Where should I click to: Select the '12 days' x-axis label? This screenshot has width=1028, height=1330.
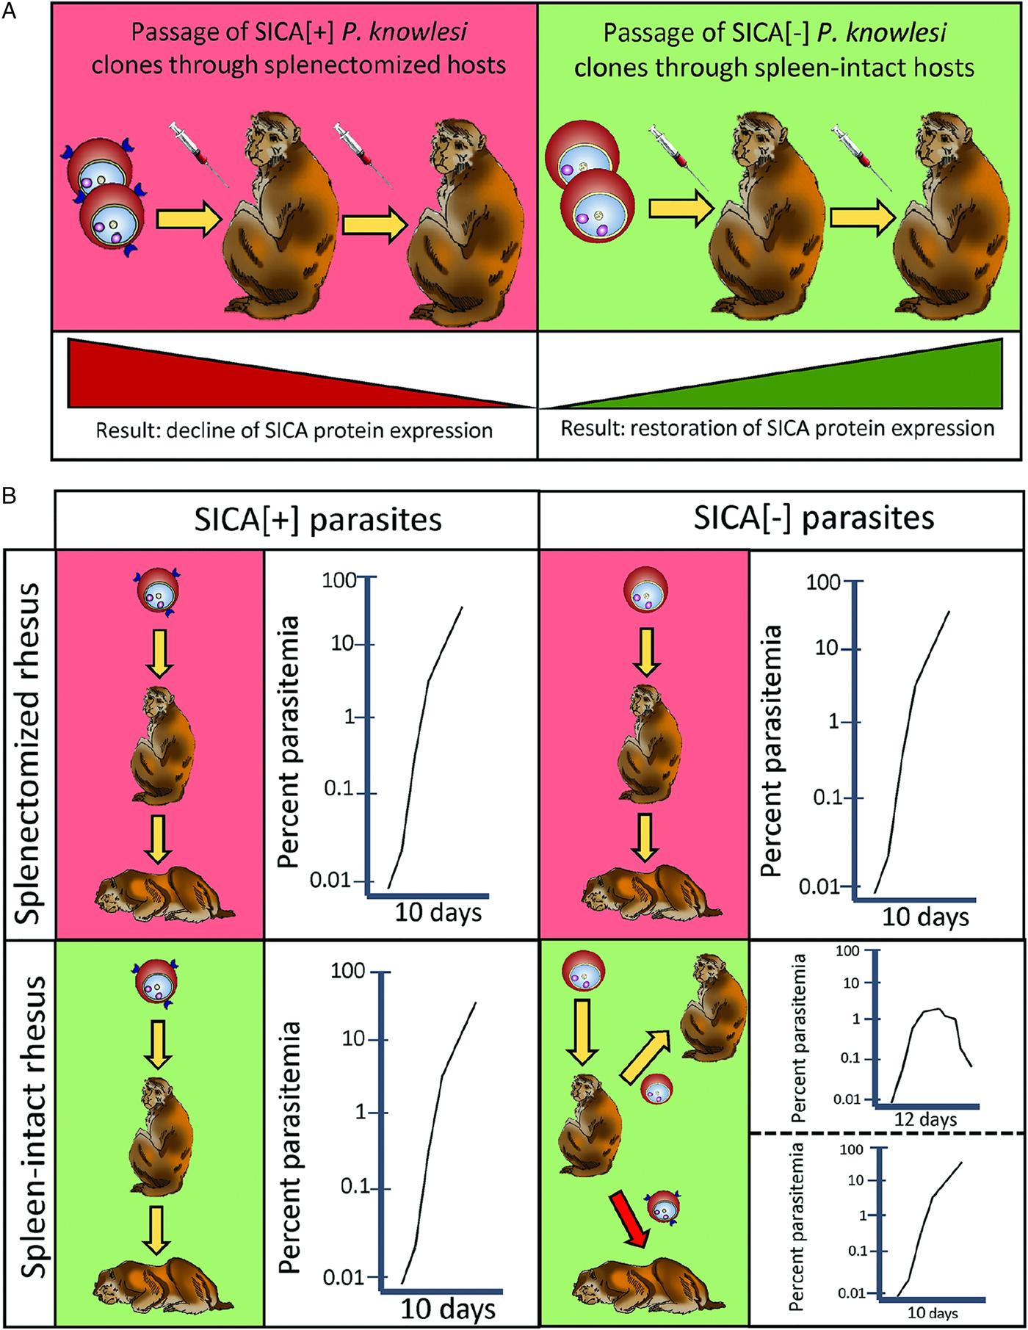(925, 1119)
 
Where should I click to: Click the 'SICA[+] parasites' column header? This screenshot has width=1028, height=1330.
(317, 520)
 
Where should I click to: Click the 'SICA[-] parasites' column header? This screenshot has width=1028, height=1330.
(814, 518)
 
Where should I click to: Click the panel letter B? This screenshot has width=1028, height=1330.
(10, 496)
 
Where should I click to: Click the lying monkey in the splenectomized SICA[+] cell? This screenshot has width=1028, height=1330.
(163, 894)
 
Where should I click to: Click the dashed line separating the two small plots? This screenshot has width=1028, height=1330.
(886, 1133)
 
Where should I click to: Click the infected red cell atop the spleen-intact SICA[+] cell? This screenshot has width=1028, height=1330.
(156, 985)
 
